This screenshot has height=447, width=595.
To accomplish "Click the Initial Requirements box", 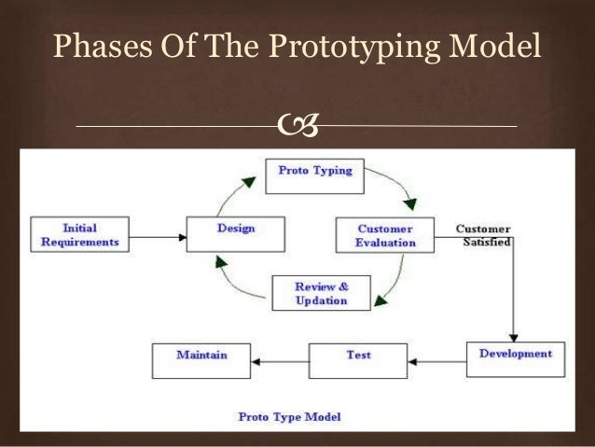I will (x=78, y=234).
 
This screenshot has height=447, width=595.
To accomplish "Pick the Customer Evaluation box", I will (x=385, y=235).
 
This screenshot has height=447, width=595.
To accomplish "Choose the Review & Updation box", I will (x=321, y=294).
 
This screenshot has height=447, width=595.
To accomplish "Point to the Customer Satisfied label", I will (x=482, y=234).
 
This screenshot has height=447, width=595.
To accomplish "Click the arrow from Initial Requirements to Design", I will (x=156, y=236).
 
